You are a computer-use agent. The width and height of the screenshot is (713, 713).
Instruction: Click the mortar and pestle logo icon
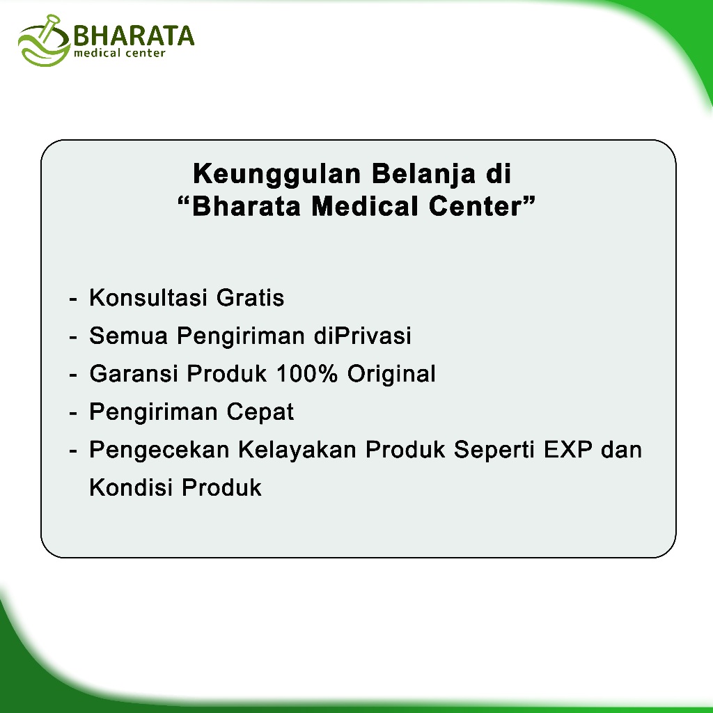coord(44,41)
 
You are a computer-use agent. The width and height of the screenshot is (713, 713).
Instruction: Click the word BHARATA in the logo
coord(134,36)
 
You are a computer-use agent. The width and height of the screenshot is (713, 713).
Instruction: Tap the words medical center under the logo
coord(119,53)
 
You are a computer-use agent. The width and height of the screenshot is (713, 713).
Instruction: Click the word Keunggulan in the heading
coord(277,174)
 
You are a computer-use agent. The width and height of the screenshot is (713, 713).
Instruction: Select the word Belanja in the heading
coord(424,174)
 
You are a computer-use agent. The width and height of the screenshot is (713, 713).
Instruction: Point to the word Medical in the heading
coord(365,206)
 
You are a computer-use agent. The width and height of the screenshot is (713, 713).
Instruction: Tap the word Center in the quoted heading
coord(475,206)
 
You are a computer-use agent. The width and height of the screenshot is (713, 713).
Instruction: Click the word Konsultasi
coord(148,298)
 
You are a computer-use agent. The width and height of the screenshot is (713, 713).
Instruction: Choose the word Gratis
coord(250,298)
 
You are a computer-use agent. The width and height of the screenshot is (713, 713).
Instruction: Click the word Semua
coord(129,336)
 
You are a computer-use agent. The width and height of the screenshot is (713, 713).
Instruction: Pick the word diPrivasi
coord(362,336)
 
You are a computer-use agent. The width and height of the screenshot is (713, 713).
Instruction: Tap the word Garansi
coord(134,374)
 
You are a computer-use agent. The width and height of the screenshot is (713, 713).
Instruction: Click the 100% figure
coord(307,374)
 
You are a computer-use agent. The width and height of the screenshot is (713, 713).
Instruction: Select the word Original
coord(391,375)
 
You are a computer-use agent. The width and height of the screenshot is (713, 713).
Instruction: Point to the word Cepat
coord(260,413)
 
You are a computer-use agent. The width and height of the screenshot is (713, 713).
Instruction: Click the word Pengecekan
coord(159,450)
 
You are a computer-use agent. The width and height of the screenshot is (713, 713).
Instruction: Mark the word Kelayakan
coord(297,450)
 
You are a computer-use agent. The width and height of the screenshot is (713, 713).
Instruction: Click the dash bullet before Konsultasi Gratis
coord(72,299)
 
